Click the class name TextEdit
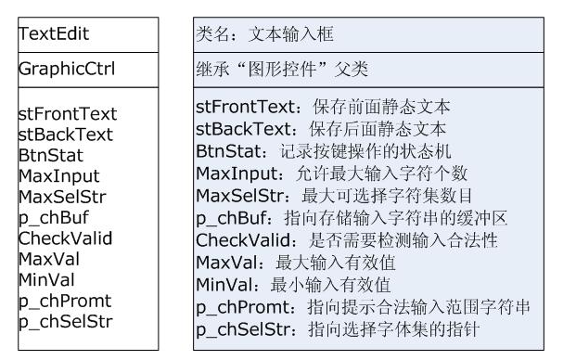coord(54,33)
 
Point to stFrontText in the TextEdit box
coord(68,114)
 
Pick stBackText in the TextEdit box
coord(65,135)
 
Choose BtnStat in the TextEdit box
coord(51,155)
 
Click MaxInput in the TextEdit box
coord(58,176)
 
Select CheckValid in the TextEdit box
coord(65,238)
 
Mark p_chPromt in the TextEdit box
coord(64,301)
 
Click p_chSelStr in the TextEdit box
coord(65,321)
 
